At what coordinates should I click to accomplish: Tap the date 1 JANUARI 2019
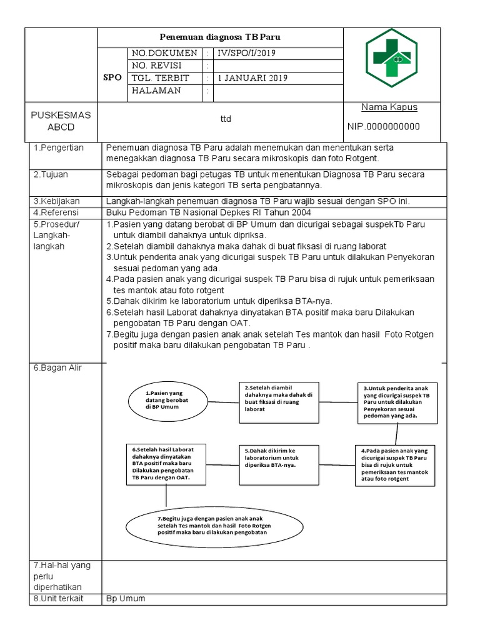click(x=252, y=78)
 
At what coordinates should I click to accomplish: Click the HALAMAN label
click(x=156, y=91)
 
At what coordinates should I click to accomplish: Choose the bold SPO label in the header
click(x=112, y=77)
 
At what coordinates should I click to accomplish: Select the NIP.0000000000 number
click(x=383, y=127)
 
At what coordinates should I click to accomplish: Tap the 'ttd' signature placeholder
click(x=225, y=119)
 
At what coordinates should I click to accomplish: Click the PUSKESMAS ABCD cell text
click(x=61, y=121)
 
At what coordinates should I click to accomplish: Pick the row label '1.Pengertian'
click(x=56, y=148)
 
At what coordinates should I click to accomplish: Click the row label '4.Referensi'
click(x=56, y=212)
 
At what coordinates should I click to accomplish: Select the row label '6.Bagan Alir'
click(x=57, y=368)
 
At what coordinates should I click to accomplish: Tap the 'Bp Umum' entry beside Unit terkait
click(x=126, y=598)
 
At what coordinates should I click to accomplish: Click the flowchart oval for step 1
click(x=167, y=400)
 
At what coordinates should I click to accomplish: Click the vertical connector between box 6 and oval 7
click(x=166, y=494)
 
